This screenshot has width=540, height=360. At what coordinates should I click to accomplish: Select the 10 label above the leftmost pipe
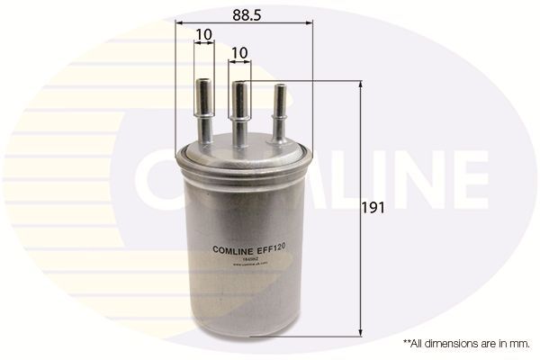[x=202, y=35]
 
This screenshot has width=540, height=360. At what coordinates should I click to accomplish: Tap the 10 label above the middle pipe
[x=239, y=54]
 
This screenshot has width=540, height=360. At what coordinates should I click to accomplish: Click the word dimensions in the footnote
[x=453, y=344]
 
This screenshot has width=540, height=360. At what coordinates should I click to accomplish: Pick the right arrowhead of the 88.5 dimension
[x=307, y=22]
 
